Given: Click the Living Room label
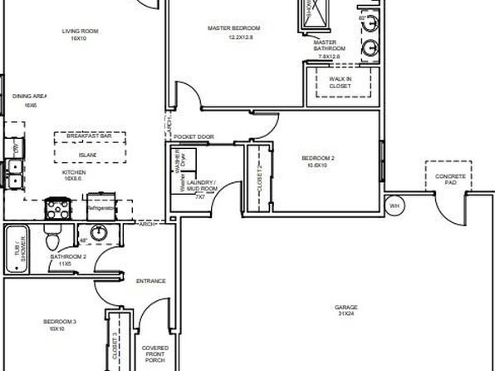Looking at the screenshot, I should tap(81, 35).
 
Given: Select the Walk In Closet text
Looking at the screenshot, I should tap(340, 82).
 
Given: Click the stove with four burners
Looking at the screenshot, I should tap(58, 205).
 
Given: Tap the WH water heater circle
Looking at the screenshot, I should tap(395, 205).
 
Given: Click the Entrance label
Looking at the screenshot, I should tap(151, 281).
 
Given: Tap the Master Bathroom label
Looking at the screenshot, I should tap(325, 46).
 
